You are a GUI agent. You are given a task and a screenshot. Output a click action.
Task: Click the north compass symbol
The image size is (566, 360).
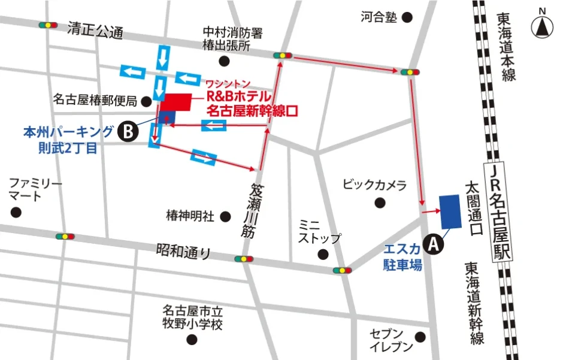coord(542,27)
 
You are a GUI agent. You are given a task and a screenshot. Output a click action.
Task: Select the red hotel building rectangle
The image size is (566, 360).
coord(174,102)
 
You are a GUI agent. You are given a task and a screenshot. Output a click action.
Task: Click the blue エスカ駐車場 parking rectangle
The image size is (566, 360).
coord(450,211)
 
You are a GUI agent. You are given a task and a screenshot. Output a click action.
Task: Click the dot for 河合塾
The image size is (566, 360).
coord(407,17)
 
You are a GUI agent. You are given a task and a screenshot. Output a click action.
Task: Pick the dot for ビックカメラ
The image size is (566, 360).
coord(379,202)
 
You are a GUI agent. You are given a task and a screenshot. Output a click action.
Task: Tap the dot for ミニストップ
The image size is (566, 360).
coord(323,254)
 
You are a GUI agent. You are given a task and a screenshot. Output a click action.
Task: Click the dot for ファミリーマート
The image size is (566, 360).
coord(16,212)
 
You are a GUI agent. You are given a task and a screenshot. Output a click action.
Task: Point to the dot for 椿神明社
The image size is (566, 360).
coord(226,216)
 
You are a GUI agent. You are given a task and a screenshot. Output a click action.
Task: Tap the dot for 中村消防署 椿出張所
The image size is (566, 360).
coord(224,60)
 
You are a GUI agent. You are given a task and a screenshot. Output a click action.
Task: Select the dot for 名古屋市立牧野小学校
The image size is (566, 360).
coord(192,340)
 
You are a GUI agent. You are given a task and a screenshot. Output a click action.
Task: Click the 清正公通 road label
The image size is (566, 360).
coord(95,31)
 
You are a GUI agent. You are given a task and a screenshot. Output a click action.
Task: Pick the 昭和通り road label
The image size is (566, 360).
coord(184,250)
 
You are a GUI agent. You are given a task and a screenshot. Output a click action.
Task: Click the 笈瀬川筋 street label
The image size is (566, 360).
coord(250,211)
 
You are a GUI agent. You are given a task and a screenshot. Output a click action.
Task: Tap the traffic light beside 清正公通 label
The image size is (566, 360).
coord(47,26)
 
